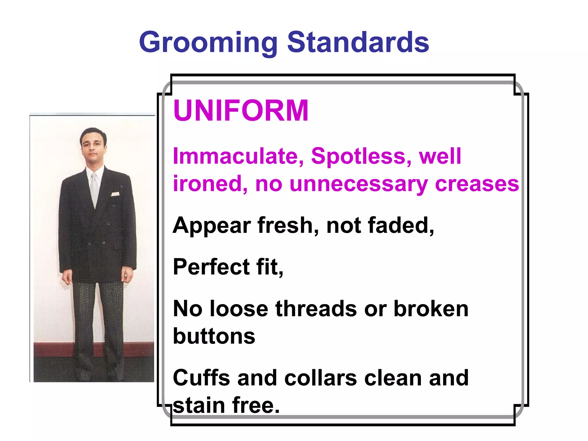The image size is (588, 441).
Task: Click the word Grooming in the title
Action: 208,43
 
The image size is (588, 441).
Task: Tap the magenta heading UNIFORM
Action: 241,111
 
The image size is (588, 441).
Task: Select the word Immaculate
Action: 238,156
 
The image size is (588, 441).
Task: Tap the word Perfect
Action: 211,267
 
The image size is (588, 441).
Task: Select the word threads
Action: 316,309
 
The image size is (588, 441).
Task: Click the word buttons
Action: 214,336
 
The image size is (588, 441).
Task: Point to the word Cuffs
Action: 201,378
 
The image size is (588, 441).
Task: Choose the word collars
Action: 320,378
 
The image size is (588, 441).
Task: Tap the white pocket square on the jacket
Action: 115,194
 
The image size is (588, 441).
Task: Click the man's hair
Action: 93,133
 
